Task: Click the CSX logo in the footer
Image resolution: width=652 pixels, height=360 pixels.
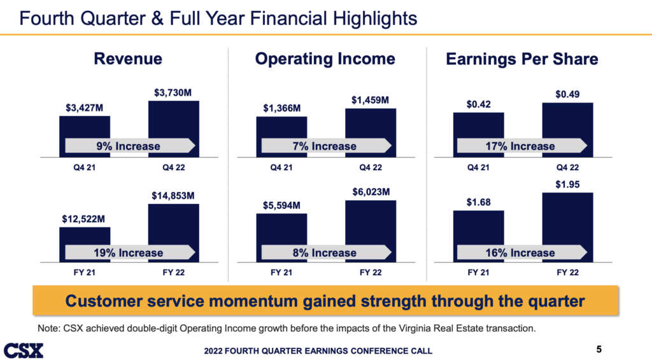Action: pyautogui.click(x=24, y=350)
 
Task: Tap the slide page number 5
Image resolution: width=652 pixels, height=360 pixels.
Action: pyautogui.click(x=599, y=349)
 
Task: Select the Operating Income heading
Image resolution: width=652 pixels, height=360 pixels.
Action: pyautogui.click(x=325, y=59)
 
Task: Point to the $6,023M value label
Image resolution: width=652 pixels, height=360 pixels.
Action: pyautogui.click(x=371, y=192)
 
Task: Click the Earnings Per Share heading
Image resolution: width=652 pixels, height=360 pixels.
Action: pyautogui.click(x=522, y=59)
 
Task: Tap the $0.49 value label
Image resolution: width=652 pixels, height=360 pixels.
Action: pyautogui.click(x=567, y=94)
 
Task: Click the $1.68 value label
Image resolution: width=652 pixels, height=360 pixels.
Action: pyautogui.click(x=479, y=203)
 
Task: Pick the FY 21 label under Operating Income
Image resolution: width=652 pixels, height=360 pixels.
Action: pyautogui.click(x=281, y=273)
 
